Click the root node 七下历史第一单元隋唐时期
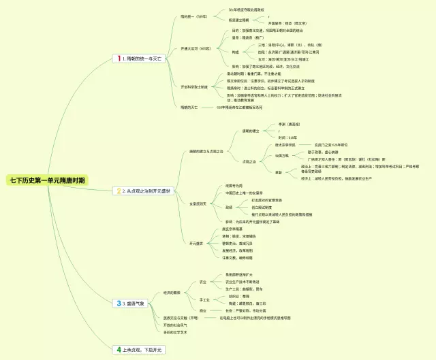pyautogui.click(x=48, y=180)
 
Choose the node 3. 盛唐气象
pyautogui.click(x=136, y=303)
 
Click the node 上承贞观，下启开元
pyautogui.click(x=142, y=349)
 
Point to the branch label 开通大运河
pyautogui.click(x=191, y=49)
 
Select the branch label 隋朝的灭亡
pyautogui.click(x=190, y=108)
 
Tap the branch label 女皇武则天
pyautogui.click(x=198, y=203)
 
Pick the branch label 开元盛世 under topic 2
pyautogui.click(x=196, y=243)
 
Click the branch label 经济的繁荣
pyautogui.click(x=172, y=293)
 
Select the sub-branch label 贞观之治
pyautogui.click(x=249, y=162)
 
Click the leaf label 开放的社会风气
pyautogui.click(x=175, y=325)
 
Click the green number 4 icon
pyautogui.click(x=118, y=349)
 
